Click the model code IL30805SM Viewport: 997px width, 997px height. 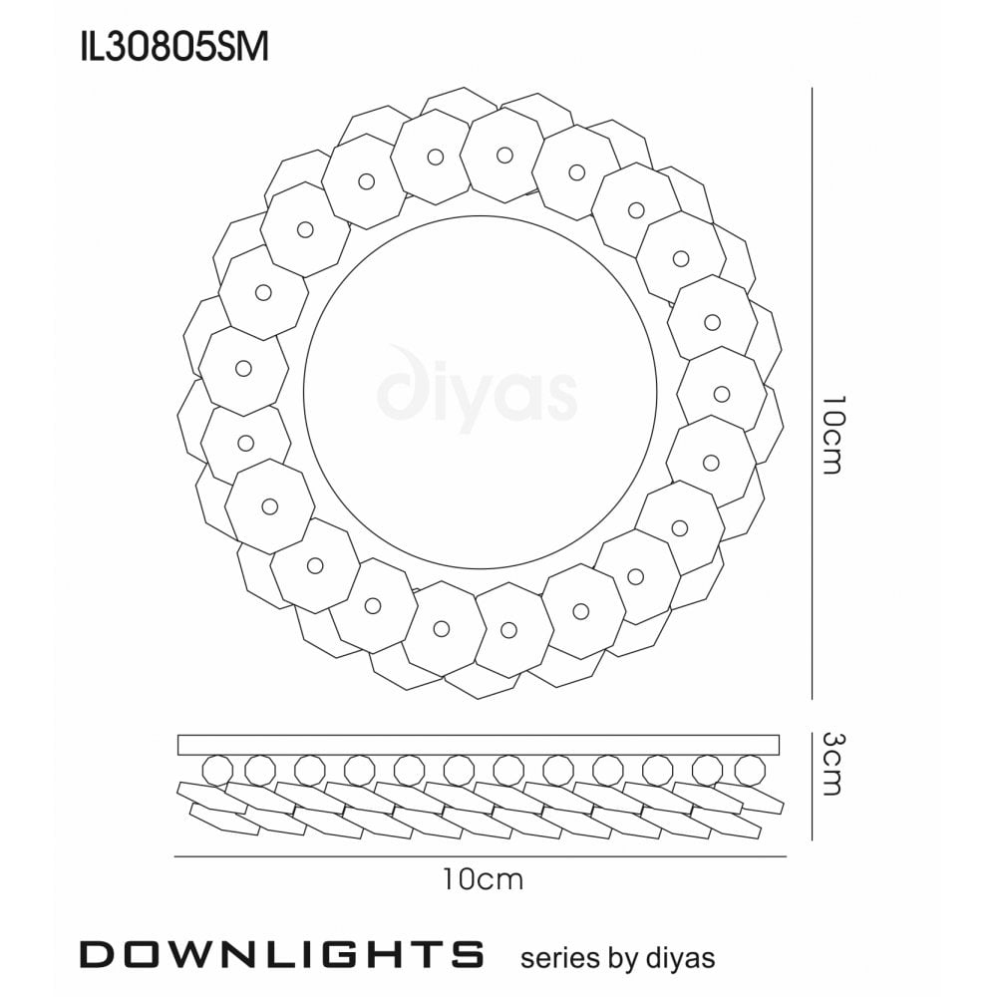tap(173, 47)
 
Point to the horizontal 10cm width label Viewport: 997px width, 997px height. tap(483, 879)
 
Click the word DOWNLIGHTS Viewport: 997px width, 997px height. tap(281, 954)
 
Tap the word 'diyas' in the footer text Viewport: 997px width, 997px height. tap(680, 957)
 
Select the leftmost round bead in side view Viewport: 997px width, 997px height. tap(216, 770)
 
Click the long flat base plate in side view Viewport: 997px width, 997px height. tap(479, 745)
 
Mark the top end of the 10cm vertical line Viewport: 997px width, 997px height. tap(814, 90)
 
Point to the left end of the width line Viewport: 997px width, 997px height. tap(175, 856)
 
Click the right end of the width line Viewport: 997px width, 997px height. tap(787, 856)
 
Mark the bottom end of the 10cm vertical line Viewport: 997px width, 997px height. tap(814, 699)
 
